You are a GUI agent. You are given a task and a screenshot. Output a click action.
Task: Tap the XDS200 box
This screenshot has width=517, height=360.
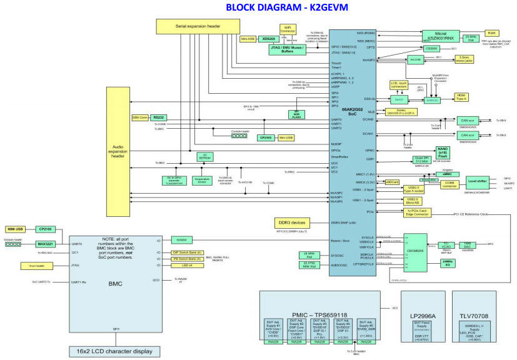coord(269,39)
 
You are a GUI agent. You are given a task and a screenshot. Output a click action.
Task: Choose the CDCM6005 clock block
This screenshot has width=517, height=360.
coord(414,252)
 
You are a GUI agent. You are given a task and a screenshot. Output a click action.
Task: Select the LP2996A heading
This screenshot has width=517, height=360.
coord(424,299)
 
